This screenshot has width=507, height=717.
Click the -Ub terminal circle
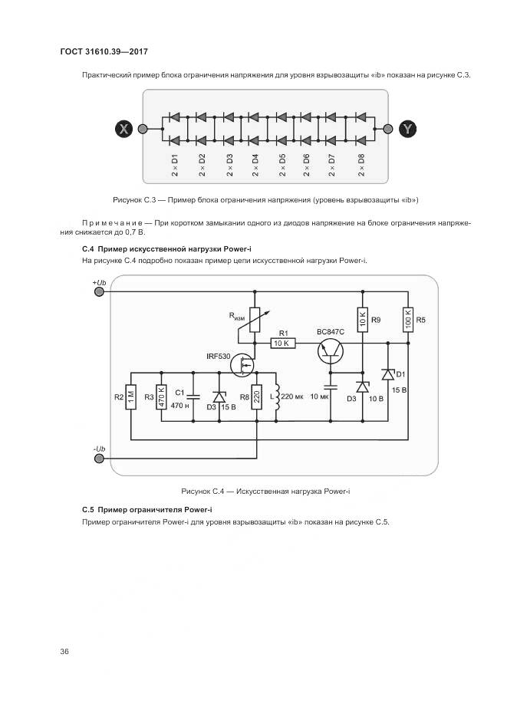[100, 458]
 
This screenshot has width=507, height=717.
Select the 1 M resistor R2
[131, 397]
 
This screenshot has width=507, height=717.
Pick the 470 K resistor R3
[161, 396]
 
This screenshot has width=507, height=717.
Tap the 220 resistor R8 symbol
[257, 396]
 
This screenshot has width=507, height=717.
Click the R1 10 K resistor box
[282, 344]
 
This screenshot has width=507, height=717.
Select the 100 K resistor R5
[407, 318]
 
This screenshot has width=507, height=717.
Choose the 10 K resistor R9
[362, 318]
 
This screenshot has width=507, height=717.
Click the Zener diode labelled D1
[389, 374]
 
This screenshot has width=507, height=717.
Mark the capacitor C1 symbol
[193, 396]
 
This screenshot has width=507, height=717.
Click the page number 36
[64, 652]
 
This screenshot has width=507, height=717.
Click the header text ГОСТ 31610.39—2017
[104, 51]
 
